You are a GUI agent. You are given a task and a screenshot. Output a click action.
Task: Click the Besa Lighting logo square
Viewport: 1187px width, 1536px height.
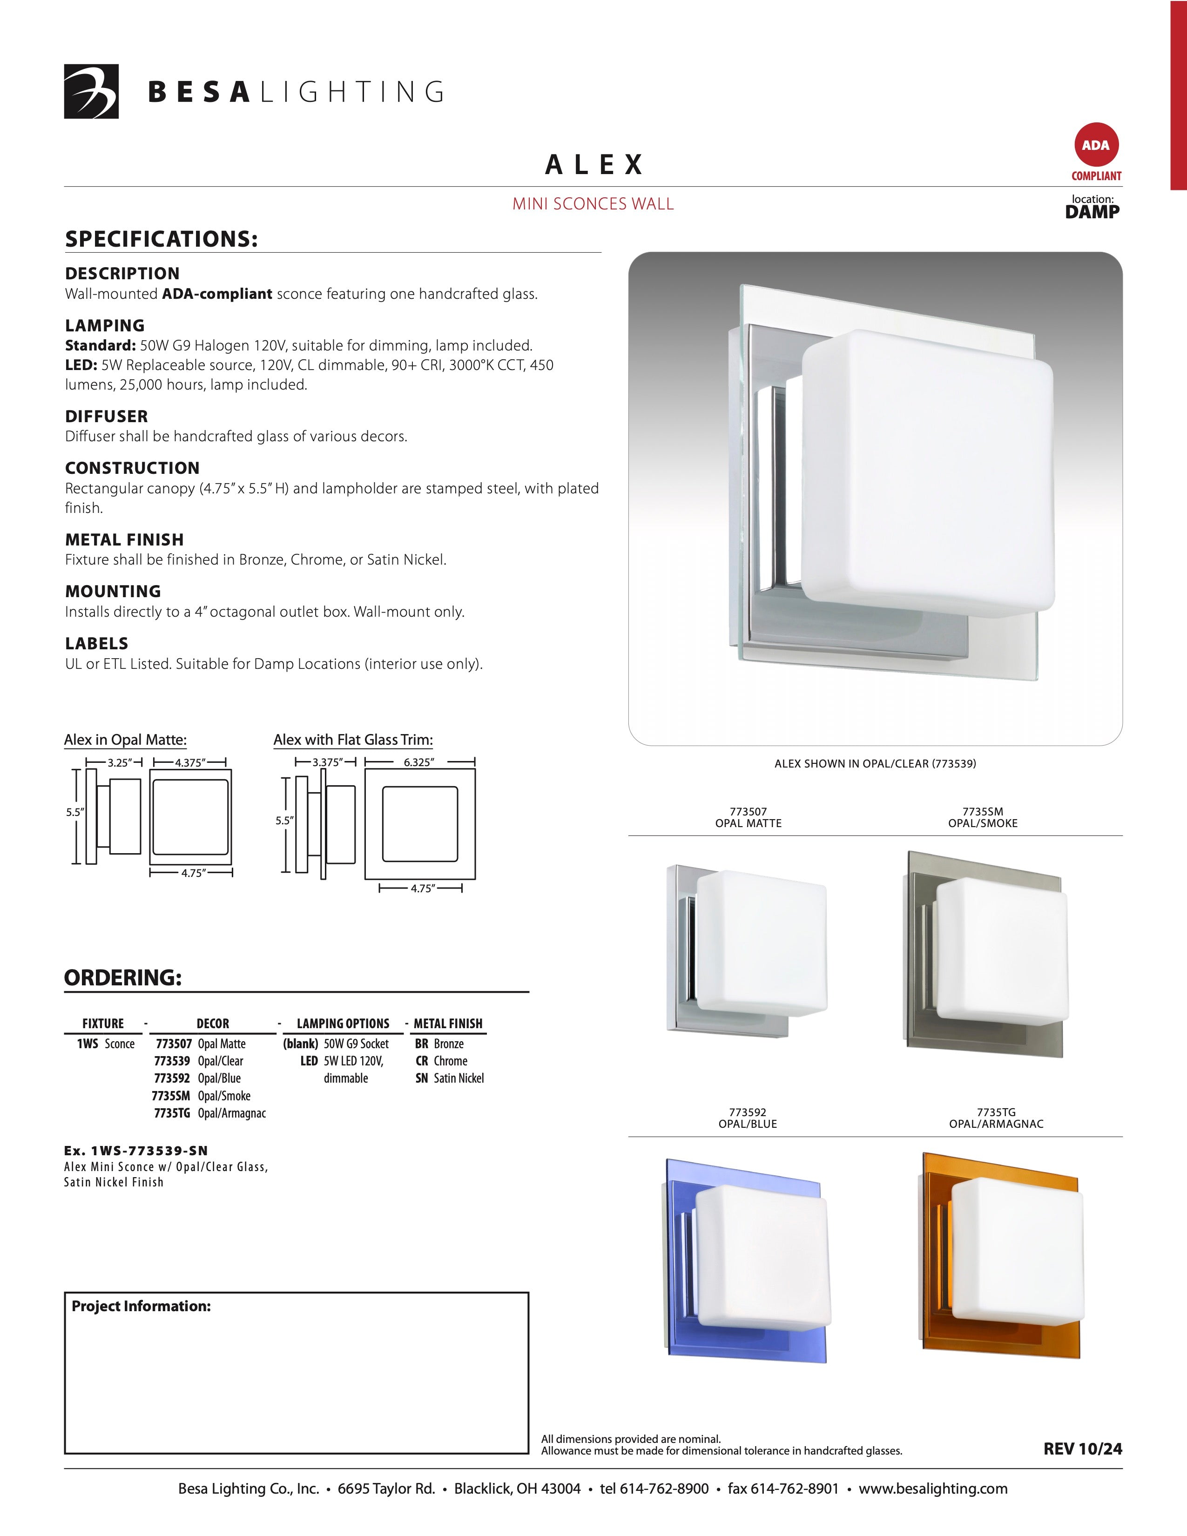91,91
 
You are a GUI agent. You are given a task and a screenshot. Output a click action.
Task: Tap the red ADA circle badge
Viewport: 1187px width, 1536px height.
1095,146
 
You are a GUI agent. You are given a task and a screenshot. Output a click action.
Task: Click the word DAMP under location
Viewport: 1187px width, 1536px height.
1092,212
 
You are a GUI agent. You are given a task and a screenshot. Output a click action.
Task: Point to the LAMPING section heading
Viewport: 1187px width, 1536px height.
105,326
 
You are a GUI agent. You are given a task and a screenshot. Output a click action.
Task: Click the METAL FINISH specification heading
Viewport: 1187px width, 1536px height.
124,539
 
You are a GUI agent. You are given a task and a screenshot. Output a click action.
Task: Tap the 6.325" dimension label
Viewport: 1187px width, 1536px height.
419,762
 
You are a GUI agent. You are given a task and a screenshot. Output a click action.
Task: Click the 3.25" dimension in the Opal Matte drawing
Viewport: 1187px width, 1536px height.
120,762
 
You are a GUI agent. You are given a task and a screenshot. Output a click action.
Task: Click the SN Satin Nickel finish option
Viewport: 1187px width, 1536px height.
449,1078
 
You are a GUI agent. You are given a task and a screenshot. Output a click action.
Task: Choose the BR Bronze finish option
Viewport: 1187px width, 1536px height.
439,1044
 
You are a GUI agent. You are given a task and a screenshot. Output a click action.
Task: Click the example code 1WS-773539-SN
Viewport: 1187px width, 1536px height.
136,1151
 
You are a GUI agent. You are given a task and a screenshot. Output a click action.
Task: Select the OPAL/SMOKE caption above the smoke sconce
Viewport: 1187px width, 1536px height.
982,823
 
